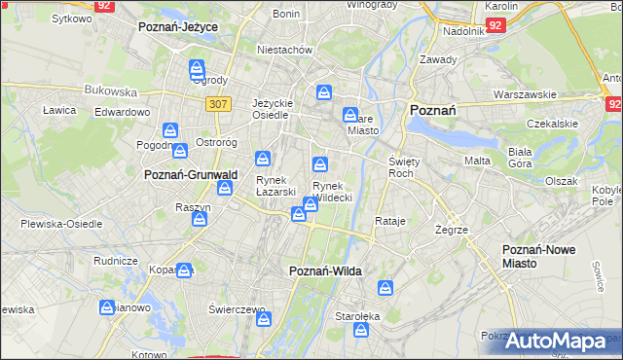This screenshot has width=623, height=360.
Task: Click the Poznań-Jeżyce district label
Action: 178,27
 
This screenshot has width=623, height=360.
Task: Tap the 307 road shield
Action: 219,104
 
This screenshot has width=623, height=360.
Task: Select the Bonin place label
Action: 286,14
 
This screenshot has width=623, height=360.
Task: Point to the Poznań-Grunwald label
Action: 191,174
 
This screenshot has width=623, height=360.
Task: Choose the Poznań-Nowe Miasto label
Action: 538,256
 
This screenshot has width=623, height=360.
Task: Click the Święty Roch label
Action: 403,166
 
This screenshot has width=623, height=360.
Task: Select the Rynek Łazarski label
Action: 275,186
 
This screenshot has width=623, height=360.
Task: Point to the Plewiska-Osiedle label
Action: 61,223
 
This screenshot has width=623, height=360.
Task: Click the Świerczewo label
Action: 238,309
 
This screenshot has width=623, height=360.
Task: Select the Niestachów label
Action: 284,49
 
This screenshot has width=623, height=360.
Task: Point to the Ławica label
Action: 59,110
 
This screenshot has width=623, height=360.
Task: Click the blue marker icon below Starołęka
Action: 362,332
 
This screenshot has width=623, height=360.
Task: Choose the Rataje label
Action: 389,222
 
